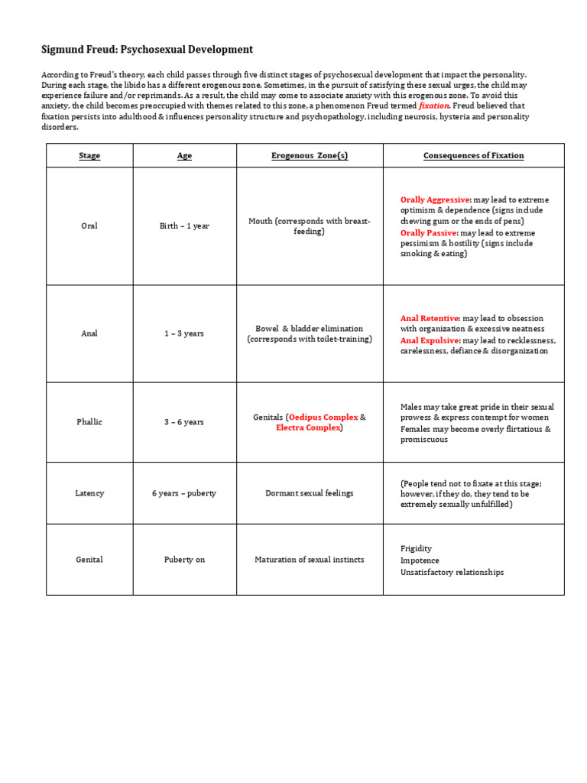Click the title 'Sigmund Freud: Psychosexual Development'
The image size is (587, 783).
click(x=147, y=50)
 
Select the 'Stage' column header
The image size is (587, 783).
click(x=89, y=156)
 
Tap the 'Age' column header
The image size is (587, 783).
click(x=184, y=156)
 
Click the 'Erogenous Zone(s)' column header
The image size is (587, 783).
click(x=310, y=156)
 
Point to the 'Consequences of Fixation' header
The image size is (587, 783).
click(x=473, y=156)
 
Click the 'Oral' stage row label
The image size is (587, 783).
click(x=89, y=226)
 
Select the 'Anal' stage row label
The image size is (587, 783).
click(x=89, y=334)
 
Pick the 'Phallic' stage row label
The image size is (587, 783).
click(x=89, y=422)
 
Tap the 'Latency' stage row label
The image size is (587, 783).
click(x=89, y=493)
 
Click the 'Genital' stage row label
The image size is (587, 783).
click(x=89, y=560)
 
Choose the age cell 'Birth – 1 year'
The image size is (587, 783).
click(x=184, y=226)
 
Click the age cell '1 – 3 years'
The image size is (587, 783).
click(x=184, y=334)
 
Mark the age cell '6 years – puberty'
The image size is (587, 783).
click(x=184, y=493)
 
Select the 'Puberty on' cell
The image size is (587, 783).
click(x=184, y=560)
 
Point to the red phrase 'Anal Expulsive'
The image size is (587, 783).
click(x=429, y=340)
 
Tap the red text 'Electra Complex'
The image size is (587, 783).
click(x=308, y=428)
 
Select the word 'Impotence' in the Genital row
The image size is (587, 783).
click(x=420, y=560)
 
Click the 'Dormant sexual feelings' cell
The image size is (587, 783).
click(x=310, y=493)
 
